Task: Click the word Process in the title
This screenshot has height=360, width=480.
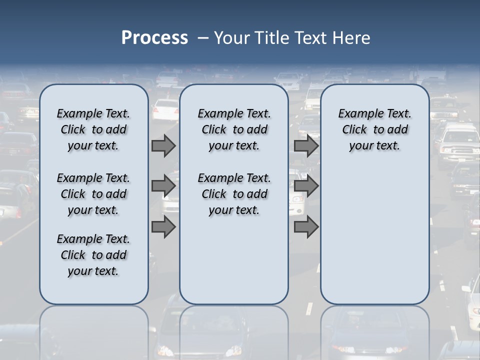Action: pos(154,38)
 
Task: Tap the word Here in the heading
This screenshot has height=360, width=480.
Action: pos(352,38)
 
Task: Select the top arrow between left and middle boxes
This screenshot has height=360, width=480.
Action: pos(163,145)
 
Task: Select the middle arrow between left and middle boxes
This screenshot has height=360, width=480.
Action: pos(163,186)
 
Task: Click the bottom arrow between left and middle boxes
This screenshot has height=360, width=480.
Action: pos(163,226)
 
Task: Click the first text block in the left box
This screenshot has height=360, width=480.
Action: pos(93,129)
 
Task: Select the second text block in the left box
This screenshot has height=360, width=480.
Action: pos(93,194)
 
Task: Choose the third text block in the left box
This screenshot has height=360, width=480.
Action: pos(93,255)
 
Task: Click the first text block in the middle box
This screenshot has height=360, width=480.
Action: pos(234,129)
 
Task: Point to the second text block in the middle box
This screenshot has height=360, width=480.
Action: pos(234,194)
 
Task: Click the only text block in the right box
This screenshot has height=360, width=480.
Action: pos(375,129)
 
